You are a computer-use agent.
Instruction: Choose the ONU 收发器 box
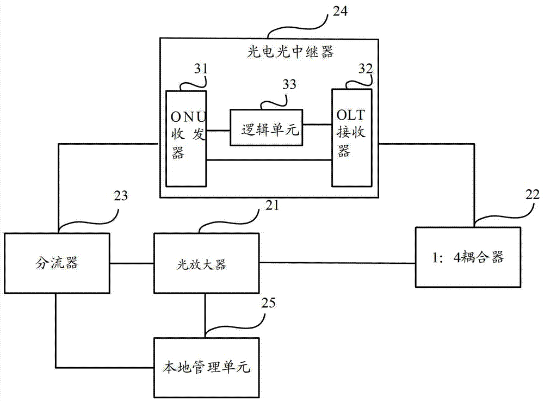186,139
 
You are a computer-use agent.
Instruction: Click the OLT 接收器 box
352,139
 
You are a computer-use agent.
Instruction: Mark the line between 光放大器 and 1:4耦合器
337,263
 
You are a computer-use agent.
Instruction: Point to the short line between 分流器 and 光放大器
132,263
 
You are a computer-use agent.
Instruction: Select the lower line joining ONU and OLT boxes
269,160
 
